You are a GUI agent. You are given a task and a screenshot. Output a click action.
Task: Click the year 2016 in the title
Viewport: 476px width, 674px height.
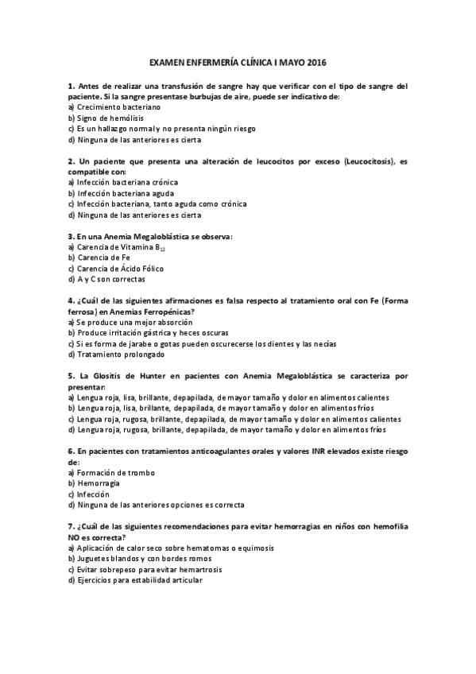pos(315,62)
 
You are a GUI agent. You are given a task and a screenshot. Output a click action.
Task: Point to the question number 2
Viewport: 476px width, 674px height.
pos(71,161)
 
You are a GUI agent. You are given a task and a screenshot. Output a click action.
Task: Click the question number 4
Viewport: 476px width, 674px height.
pos(71,301)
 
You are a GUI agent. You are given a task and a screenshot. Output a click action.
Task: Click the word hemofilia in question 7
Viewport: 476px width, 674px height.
pos(389,527)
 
